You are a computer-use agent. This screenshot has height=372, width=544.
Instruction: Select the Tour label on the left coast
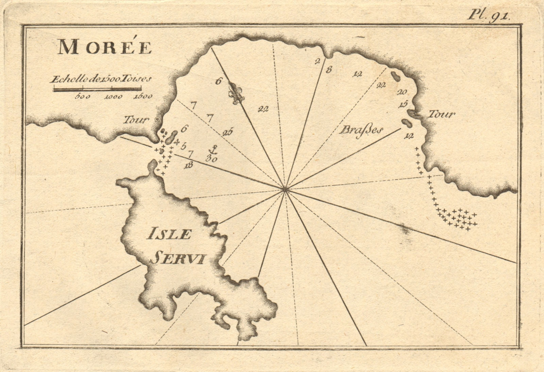click(x=136, y=119)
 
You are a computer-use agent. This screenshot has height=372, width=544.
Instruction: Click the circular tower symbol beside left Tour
click(x=157, y=119)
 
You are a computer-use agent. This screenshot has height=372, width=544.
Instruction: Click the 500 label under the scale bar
click(x=83, y=97)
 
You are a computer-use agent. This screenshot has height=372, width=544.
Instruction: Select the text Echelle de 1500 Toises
click(x=100, y=80)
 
